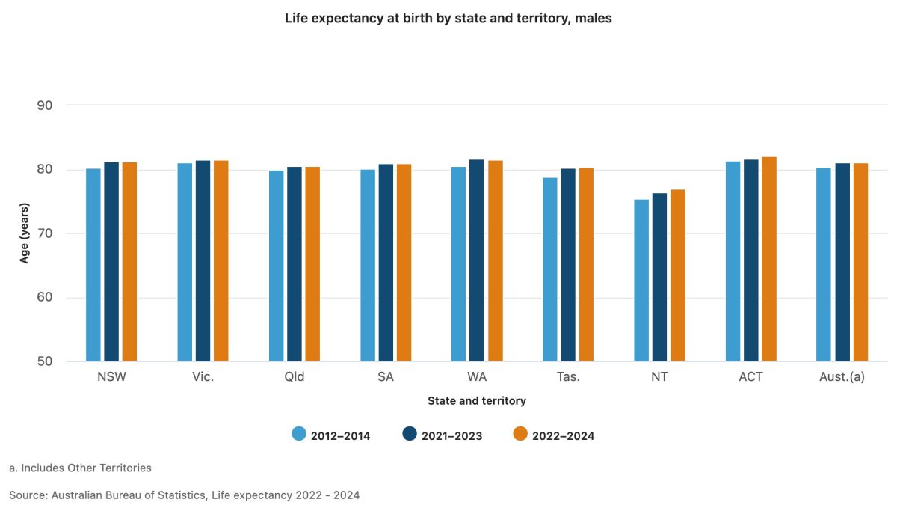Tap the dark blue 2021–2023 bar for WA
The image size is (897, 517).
click(x=477, y=261)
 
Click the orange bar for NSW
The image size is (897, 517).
click(x=129, y=262)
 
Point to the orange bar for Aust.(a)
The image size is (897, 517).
click(x=860, y=263)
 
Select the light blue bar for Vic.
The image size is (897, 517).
click(x=185, y=263)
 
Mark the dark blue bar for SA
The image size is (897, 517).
click(x=386, y=263)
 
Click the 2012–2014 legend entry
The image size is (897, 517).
click(x=331, y=435)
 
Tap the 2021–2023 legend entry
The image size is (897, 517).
click(x=443, y=435)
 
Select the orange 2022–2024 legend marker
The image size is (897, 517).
click(x=520, y=435)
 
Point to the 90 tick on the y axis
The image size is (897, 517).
click(x=45, y=105)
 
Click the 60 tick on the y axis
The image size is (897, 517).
click(x=45, y=298)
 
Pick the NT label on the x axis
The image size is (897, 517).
click(x=659, y=377)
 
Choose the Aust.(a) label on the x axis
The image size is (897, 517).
click(x=842, y=377)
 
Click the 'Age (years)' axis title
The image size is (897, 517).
click(x=25, y=233)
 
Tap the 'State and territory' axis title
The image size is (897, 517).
click(x=477, y=401)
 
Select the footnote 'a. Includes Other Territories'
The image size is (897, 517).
click(x=80, y=468)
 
